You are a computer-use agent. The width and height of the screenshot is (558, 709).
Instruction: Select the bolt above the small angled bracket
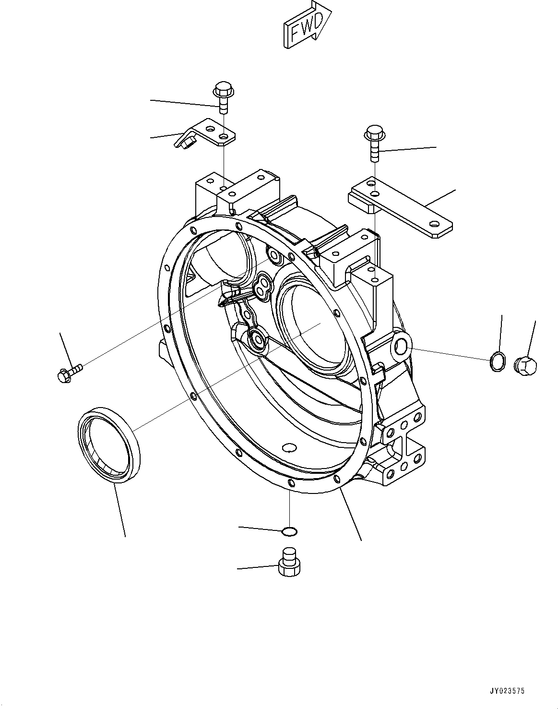coord(222,98)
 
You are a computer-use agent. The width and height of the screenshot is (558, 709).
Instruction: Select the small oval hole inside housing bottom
coord(289,448)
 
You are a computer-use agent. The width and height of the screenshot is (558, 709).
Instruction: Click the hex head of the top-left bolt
coord(221,89)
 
